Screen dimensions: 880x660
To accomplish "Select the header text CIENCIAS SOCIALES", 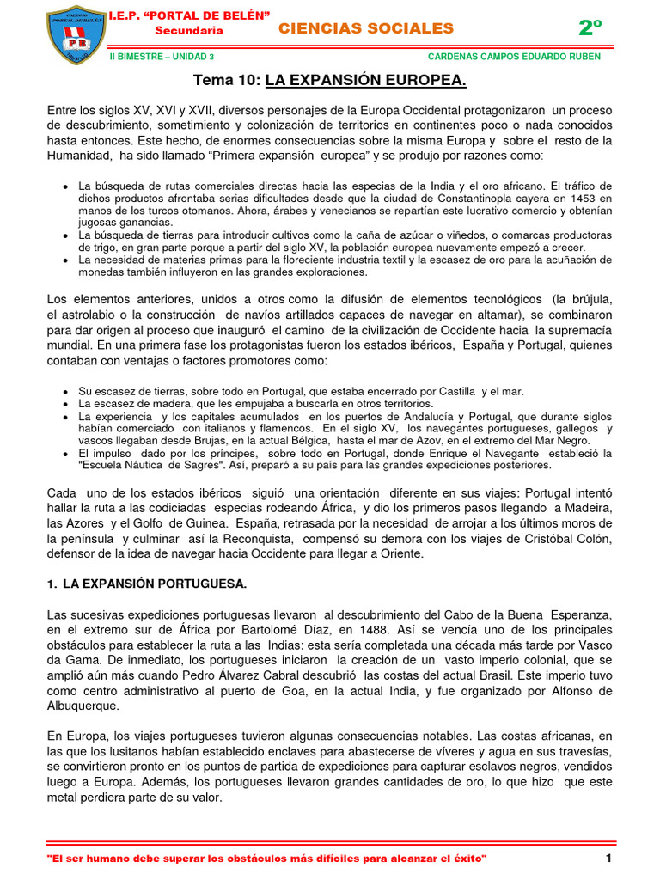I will click(366, 28).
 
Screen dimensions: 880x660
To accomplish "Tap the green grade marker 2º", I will click(590, 27).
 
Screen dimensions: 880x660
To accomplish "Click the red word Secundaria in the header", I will click(188, 31).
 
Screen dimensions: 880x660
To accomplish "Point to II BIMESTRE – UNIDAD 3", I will click(163, 57).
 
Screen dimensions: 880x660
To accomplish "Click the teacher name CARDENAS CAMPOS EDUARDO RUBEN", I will click(514, 57).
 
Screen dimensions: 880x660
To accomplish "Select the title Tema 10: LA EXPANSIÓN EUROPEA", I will click(330, 81).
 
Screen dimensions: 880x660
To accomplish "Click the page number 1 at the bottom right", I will click(608, 859).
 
